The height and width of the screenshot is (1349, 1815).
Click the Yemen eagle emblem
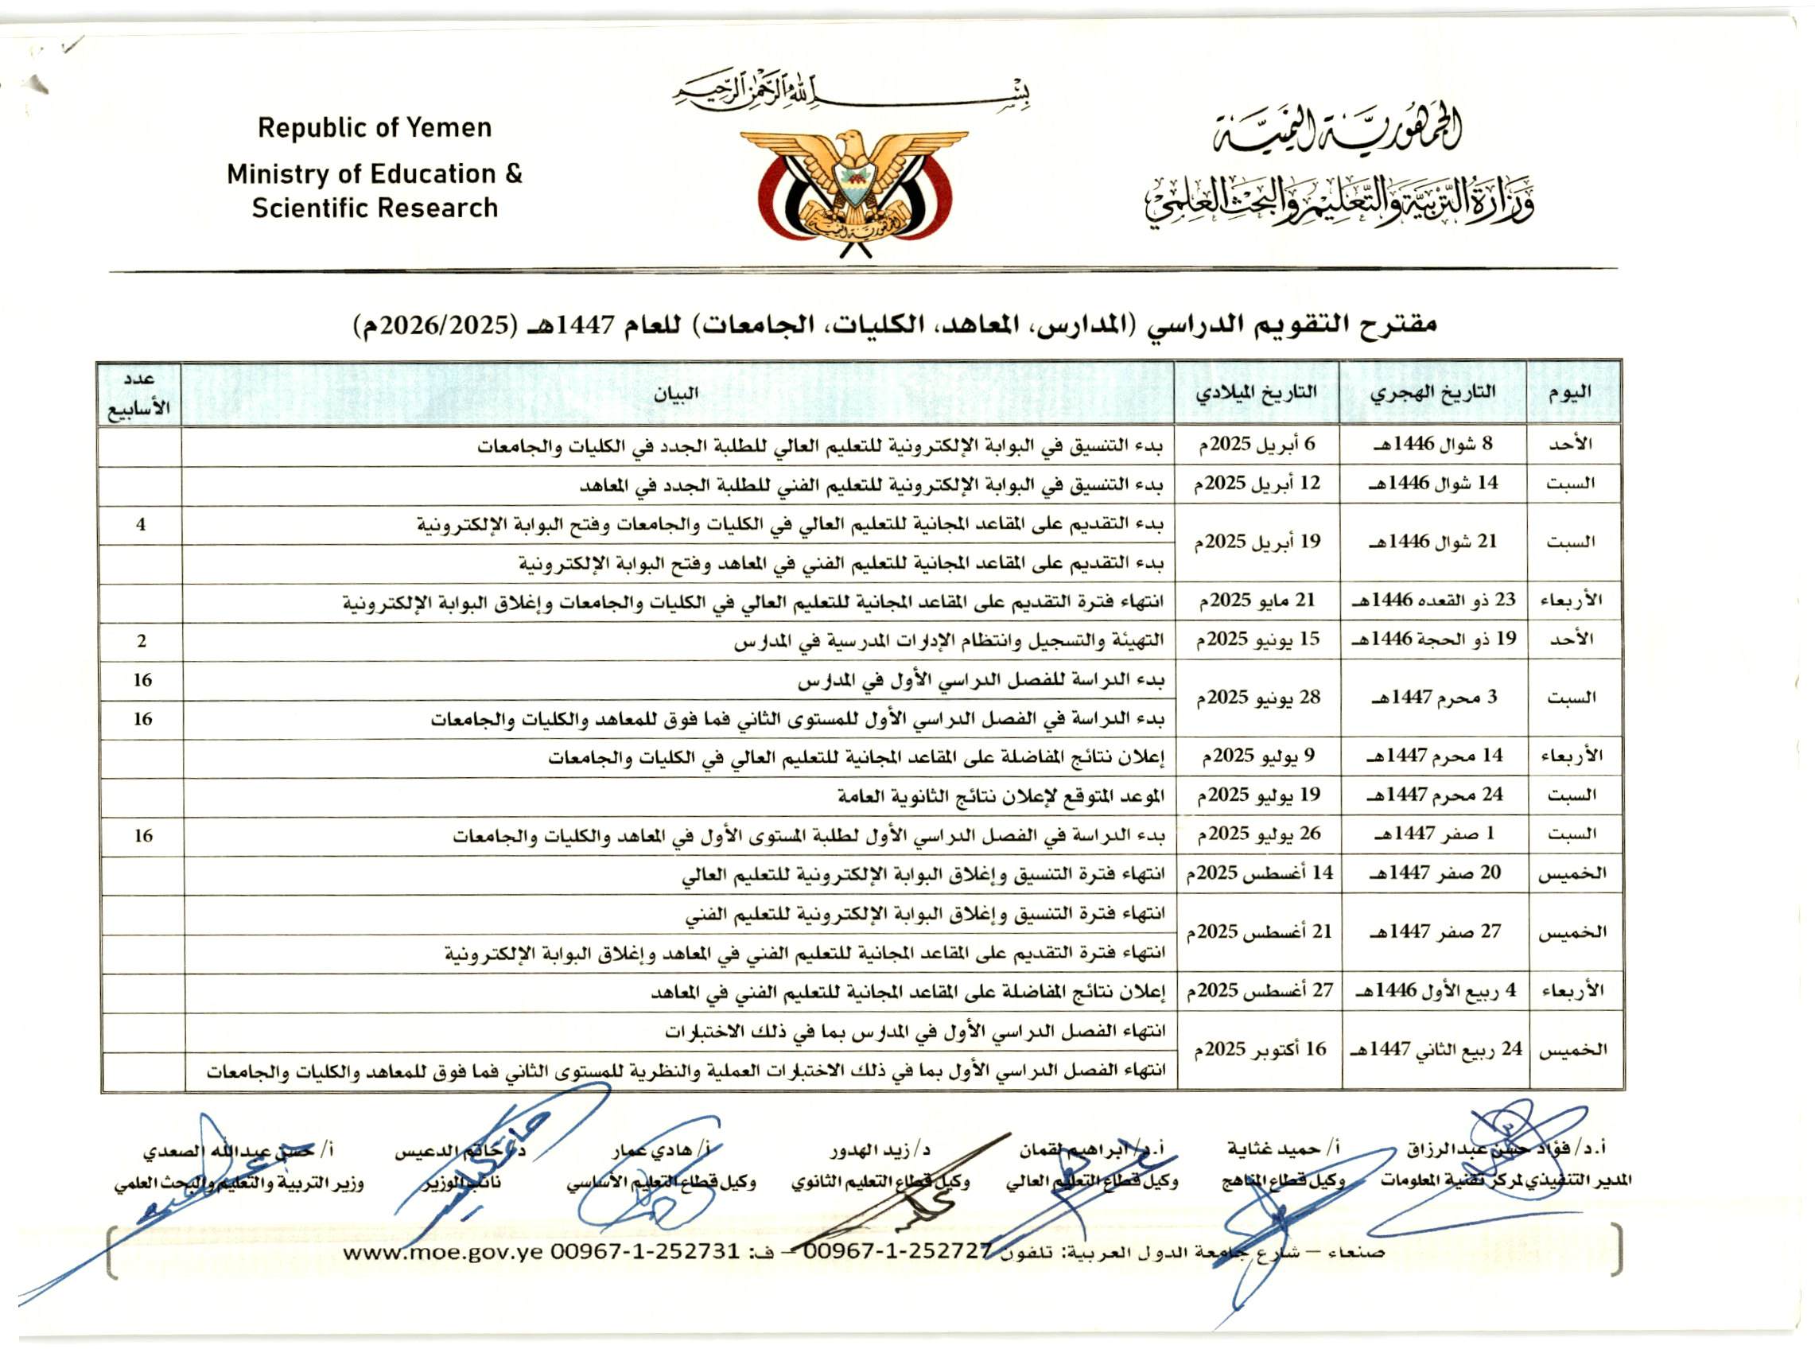pos(853,192)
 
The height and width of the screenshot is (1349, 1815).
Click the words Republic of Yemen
pos(375,128)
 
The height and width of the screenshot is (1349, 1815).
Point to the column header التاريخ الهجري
pos(1432,392)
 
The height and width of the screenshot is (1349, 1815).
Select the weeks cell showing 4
pos(142,524)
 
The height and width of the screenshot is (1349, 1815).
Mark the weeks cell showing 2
pos(142,641)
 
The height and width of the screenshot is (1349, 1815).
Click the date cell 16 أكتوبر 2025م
pos(1259,1049)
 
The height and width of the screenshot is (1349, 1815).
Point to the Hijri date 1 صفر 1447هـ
pos(1434,834)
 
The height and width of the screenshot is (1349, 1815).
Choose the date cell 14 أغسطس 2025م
pos(1259,873)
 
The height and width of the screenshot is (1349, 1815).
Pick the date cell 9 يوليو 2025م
pos(1257,757)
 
